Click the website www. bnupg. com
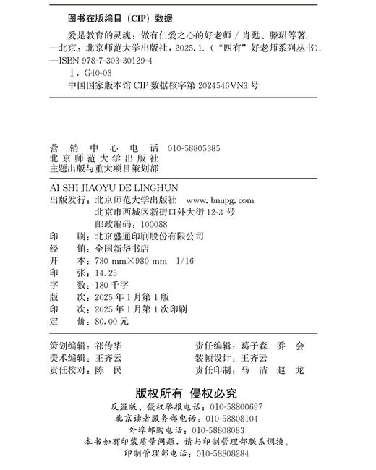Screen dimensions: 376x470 point(220,200)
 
